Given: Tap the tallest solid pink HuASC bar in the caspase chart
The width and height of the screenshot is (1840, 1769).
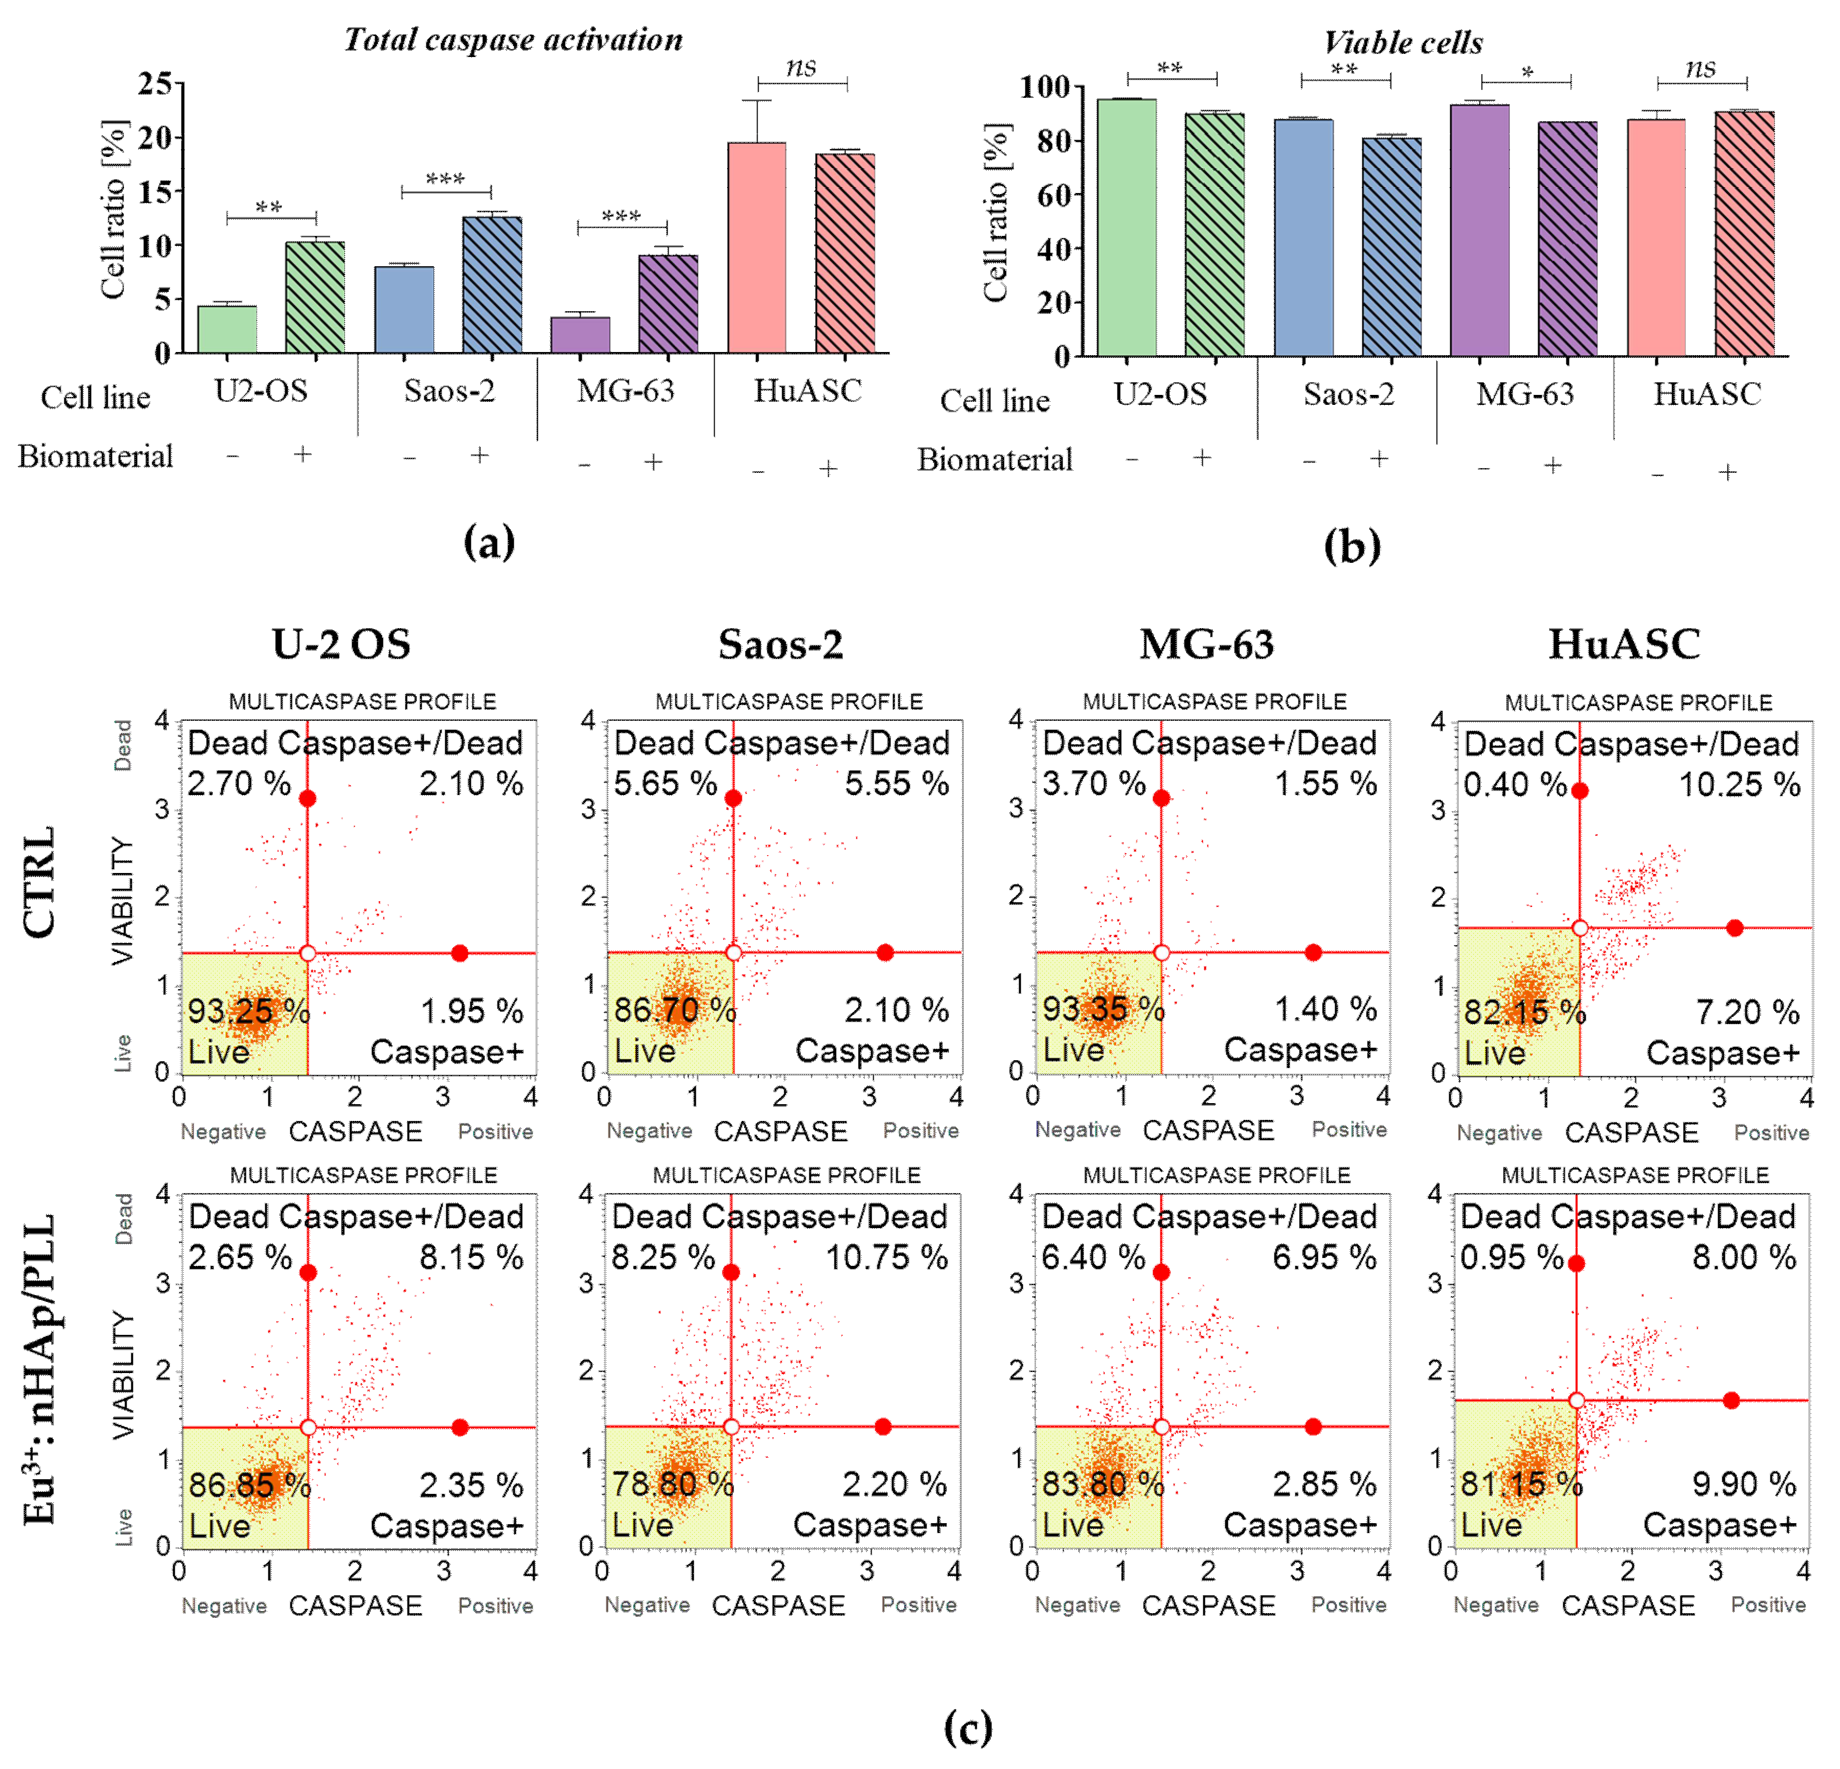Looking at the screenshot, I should [757, 248].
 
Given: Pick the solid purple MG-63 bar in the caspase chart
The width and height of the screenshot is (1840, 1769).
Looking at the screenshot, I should [580, 335].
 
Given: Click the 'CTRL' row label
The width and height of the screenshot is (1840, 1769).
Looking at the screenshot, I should [39, 882].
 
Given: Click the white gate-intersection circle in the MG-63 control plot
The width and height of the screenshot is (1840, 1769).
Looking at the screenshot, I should [1161, 952].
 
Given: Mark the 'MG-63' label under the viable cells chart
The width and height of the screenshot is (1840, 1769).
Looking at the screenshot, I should [1525, 395].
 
